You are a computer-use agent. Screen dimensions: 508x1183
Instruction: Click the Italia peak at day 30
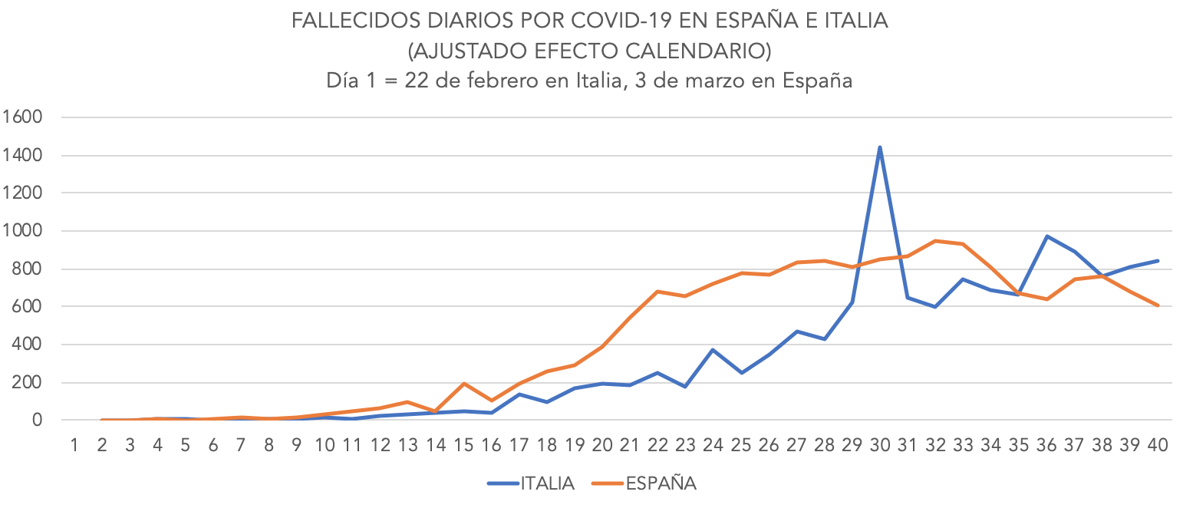(879, 147)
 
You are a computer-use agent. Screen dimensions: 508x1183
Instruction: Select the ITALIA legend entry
(531, 483)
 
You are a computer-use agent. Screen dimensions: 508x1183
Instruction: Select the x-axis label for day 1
(74, 445)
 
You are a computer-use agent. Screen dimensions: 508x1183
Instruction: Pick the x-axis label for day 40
(1158, 445)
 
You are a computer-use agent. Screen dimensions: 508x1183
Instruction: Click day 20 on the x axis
(602, 445)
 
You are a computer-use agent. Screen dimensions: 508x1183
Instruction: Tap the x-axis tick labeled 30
(880, 445)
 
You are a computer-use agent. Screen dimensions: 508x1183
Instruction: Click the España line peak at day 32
(935, 241)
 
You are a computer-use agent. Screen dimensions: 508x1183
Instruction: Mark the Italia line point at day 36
(1046, 236)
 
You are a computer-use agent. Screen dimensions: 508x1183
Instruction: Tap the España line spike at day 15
(463, 384)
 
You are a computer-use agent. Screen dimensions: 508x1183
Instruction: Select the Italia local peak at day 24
(713, 350)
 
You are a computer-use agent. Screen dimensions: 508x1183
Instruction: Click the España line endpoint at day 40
(1158, 305)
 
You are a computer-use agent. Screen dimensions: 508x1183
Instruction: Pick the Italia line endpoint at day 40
(1158, 261)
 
